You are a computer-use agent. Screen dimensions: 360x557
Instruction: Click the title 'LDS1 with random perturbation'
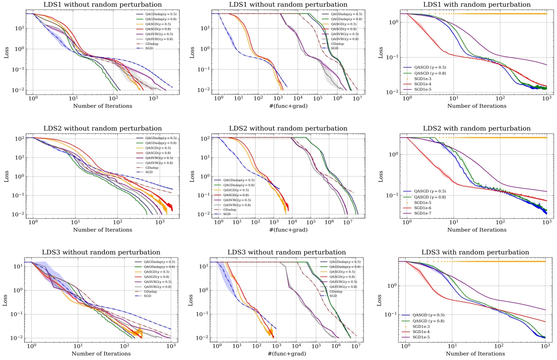(x=477, y=5)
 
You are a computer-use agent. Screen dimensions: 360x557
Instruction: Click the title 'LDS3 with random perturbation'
(x=475, y=252)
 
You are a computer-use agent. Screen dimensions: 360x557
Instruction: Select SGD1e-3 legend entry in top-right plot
(x=423, y=79)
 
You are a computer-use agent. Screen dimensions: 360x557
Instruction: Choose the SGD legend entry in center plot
(x=227, y=214)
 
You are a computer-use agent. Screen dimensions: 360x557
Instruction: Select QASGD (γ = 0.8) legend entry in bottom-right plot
(x=428, y=321)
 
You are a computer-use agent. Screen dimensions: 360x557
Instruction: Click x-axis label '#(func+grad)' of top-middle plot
(x=288, y=106)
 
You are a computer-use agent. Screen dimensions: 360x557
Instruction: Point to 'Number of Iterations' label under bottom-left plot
(x=101, y=354)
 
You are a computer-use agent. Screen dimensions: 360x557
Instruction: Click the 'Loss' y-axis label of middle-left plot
(x=6, y=176)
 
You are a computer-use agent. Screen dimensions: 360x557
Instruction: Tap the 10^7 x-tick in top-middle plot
(x=357, y=98)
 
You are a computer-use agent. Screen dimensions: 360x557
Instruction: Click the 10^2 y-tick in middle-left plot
(x=19, y=139)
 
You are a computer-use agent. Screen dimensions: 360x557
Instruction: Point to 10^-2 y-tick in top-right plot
(x=394, y=92)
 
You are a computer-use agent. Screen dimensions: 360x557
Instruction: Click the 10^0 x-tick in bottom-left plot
(x=32, y=346)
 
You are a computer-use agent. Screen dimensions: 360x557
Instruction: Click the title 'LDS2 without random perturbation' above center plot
(x=288, y=128)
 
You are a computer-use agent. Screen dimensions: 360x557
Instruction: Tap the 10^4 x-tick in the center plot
(x=292, y=222)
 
